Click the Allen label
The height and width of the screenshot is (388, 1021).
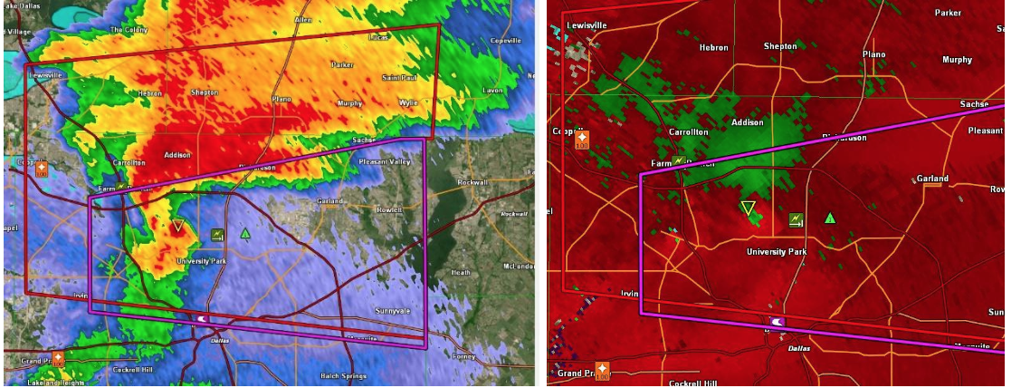click(302, 19)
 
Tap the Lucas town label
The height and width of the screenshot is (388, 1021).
click(378, 38)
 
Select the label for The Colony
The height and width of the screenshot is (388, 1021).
click(128, 29)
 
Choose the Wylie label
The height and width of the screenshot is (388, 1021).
click(408, 102)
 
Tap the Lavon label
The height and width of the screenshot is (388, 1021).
click(492, 91)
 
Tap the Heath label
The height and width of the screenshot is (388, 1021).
click(462, 272)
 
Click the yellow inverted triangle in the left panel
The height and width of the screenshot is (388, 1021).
click(178, 226)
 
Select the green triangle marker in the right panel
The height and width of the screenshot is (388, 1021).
click(830, 218)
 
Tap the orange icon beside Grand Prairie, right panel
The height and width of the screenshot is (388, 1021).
click(602, 370)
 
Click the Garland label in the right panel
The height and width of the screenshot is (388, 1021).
click(932, 179)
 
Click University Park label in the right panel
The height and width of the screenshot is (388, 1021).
click(777, 251)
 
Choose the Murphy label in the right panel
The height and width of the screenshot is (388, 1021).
click(957, 60)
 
